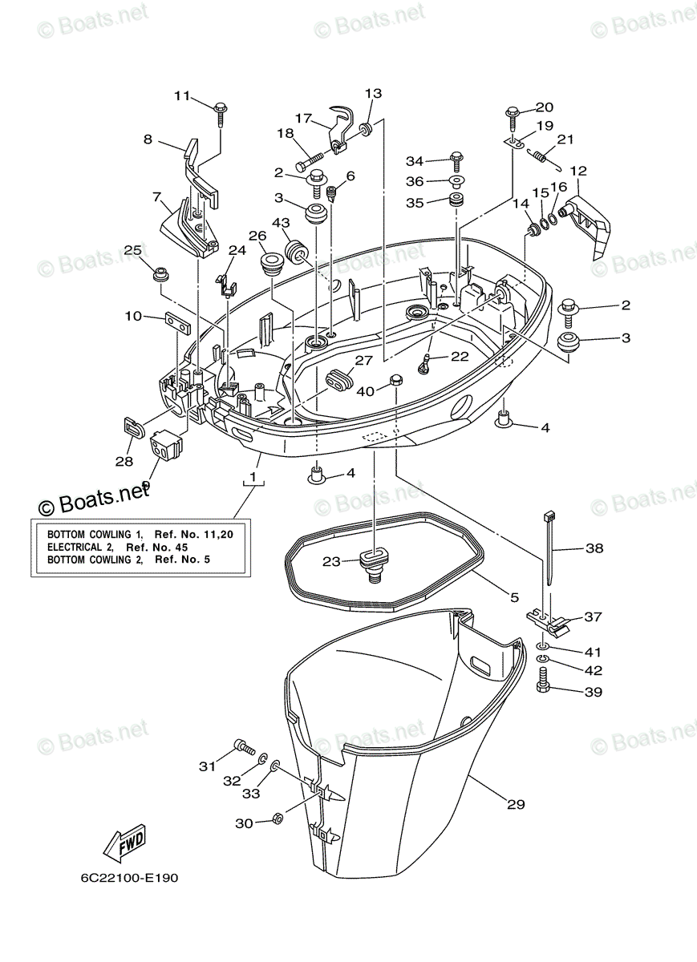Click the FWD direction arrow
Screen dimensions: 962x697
124,843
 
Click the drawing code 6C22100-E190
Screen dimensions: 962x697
129,877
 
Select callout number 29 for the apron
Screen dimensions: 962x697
516,803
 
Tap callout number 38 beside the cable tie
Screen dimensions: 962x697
594,549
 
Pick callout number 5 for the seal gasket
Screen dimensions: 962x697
514,596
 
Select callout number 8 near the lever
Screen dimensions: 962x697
148,139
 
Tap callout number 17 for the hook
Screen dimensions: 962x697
303,117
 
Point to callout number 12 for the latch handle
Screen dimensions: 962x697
578,170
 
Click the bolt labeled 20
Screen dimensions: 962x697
513,113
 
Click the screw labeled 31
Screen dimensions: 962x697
244,748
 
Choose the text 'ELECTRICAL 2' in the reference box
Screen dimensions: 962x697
80,546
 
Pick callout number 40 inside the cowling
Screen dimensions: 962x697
366,390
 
